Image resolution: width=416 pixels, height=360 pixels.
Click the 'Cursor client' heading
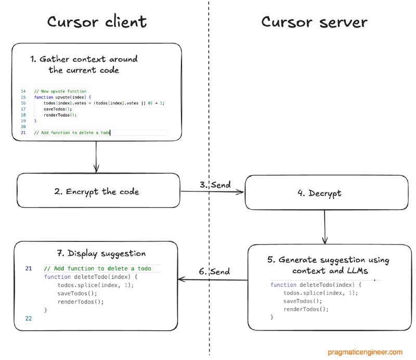(97, 21)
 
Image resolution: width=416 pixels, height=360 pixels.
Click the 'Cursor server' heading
(314, 22)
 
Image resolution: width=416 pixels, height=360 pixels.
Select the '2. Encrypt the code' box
(98, 190)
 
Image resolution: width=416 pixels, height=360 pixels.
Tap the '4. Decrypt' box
(327, 192)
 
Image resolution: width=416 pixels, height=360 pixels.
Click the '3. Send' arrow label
(215, 185)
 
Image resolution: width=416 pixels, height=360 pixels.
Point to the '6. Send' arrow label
(214, 272)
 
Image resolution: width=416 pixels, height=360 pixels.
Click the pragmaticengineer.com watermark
(365, 352)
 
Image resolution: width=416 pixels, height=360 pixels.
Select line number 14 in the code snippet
(23, 91)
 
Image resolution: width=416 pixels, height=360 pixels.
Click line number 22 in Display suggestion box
(29, 318)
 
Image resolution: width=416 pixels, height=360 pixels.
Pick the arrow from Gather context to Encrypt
(96, 157)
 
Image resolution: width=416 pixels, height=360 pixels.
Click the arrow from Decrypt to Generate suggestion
(324, 227)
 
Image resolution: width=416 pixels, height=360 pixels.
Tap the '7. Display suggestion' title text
(101, 253)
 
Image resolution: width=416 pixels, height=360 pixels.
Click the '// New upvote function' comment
(60, 91)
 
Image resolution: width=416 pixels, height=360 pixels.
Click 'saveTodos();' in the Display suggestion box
(77, 293)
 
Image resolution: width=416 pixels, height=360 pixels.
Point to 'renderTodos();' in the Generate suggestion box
(306, 309)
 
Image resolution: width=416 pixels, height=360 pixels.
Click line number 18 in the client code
(23, 115)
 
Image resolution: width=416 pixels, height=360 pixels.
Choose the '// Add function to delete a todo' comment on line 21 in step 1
(72, 133)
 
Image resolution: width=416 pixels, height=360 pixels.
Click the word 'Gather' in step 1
(55, 59)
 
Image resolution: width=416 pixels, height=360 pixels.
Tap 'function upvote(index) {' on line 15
(62, 97)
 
